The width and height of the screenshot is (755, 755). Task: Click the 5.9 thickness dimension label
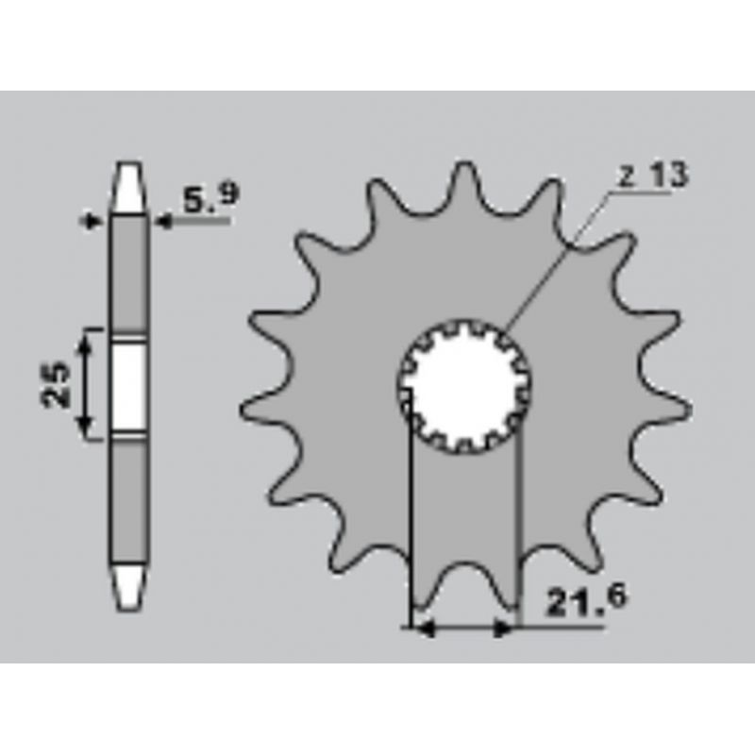pos(210,198)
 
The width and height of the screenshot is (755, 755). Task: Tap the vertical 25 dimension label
pos(56,385)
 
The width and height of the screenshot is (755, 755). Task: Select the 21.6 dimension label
pos(587,600)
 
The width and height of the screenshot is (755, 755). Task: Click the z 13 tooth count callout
pos(653,176)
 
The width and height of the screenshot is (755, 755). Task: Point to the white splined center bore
pos(465,386)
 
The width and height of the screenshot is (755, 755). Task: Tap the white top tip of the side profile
pos(128,187)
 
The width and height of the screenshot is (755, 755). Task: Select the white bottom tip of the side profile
pos(128,588)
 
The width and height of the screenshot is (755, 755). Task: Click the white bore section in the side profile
pos(128,385)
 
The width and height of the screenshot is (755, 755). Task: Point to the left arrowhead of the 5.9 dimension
pos(92,222)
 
